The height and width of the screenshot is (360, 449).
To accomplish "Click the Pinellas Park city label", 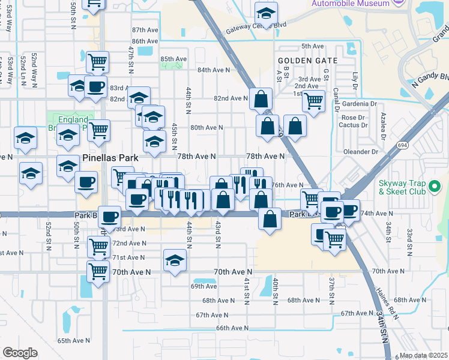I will pos(110,158).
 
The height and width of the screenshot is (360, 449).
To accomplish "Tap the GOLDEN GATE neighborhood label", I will pos(307,61).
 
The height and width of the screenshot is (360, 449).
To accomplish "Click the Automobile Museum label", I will pos(350,4).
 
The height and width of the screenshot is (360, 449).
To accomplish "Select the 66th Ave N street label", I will pos(232,328).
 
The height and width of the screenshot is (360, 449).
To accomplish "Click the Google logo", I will pos(20,352).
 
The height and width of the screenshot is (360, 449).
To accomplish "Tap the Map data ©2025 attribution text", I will pos(423,355).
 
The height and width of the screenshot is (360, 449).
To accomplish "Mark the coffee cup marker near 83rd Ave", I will pos(95,86).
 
